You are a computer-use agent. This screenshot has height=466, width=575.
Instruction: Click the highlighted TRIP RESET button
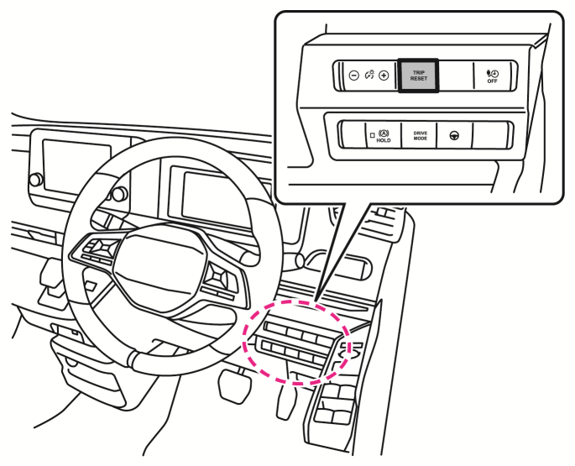tap(418, 76)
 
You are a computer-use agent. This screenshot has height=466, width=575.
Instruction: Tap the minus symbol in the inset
tap(353, 76)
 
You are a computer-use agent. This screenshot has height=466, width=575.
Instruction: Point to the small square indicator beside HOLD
tap(371, 134)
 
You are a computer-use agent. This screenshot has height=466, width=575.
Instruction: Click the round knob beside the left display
tap(35, 180)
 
